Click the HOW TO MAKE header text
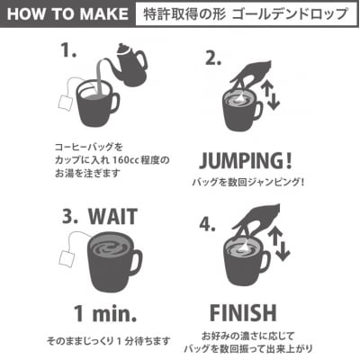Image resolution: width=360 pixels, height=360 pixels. tap(67, 14)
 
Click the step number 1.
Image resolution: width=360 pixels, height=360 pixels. tap(68, 49)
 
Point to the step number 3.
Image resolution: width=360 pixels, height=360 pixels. tap(70, 216)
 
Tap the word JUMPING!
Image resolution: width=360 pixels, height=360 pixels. tap(246, 160)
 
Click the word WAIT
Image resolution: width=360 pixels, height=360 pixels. tap(113, 216)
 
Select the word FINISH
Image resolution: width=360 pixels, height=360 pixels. tap(243, 313)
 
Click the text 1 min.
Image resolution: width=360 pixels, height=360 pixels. tap(105, 313)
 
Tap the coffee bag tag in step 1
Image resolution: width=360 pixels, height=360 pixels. tap(65, 103)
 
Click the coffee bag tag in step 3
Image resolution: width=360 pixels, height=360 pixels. tap(67, 258)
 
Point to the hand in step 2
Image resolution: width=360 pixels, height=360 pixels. tap(251, 72)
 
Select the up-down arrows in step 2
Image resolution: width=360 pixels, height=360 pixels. tap(270, 95)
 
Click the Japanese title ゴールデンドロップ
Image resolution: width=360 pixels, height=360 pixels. tap(290, 14)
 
